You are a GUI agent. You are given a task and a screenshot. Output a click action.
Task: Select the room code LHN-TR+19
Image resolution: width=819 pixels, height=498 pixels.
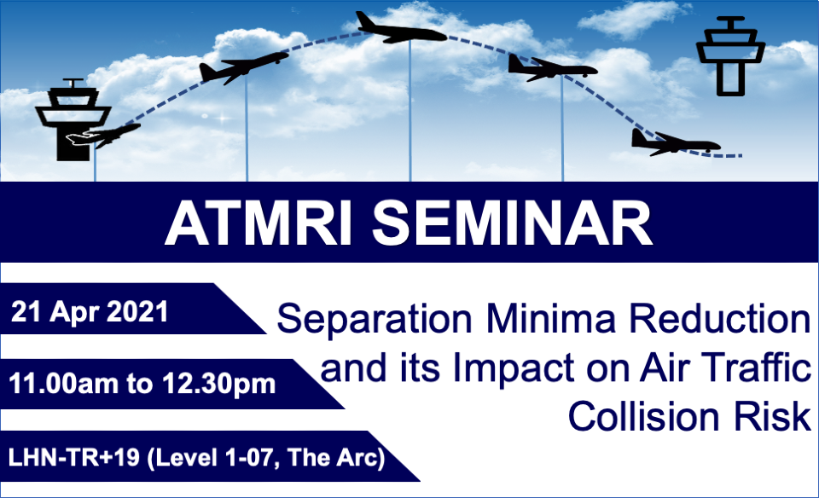tap(73, 457)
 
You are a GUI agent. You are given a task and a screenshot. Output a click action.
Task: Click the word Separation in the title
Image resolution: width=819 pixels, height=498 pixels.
tap(375, 320)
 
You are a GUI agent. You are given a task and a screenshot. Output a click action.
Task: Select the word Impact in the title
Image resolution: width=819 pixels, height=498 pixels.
tap(514, 369)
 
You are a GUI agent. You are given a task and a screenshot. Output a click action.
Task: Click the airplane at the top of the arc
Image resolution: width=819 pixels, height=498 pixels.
tap(401, 29)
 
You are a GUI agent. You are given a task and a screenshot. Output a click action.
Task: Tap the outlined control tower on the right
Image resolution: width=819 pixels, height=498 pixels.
tap(730, 56)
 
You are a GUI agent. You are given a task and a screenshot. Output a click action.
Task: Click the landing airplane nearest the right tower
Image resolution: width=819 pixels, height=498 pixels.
tap(675, 142)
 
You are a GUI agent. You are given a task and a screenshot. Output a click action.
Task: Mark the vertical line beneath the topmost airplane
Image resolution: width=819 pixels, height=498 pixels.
tap(409, 111)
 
